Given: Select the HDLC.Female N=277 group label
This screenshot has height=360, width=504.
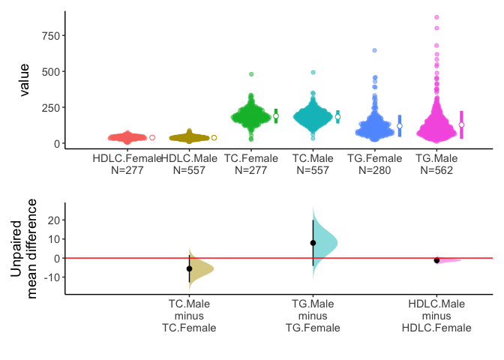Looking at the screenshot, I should (127, 164).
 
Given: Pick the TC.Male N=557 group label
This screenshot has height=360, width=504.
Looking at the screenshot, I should (313, 164).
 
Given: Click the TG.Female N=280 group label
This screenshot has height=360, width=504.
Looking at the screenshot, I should (375, 164).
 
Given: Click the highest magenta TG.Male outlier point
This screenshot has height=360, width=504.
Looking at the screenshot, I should (437, 17).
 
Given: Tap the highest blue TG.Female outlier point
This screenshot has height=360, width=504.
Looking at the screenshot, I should (374, 50).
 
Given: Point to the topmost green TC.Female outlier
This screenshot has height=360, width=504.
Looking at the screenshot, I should (252, 74).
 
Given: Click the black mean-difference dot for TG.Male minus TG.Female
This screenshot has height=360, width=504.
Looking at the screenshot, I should (313, 242).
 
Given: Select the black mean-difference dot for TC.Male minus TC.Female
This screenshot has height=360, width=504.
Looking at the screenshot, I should (189, 268).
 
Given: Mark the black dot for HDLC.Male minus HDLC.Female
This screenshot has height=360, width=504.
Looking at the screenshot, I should (436, 260).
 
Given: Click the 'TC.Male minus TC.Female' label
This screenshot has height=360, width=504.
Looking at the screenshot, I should (189, 316).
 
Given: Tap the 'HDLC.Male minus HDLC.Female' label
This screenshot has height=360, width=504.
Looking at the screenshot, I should (436, 316).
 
